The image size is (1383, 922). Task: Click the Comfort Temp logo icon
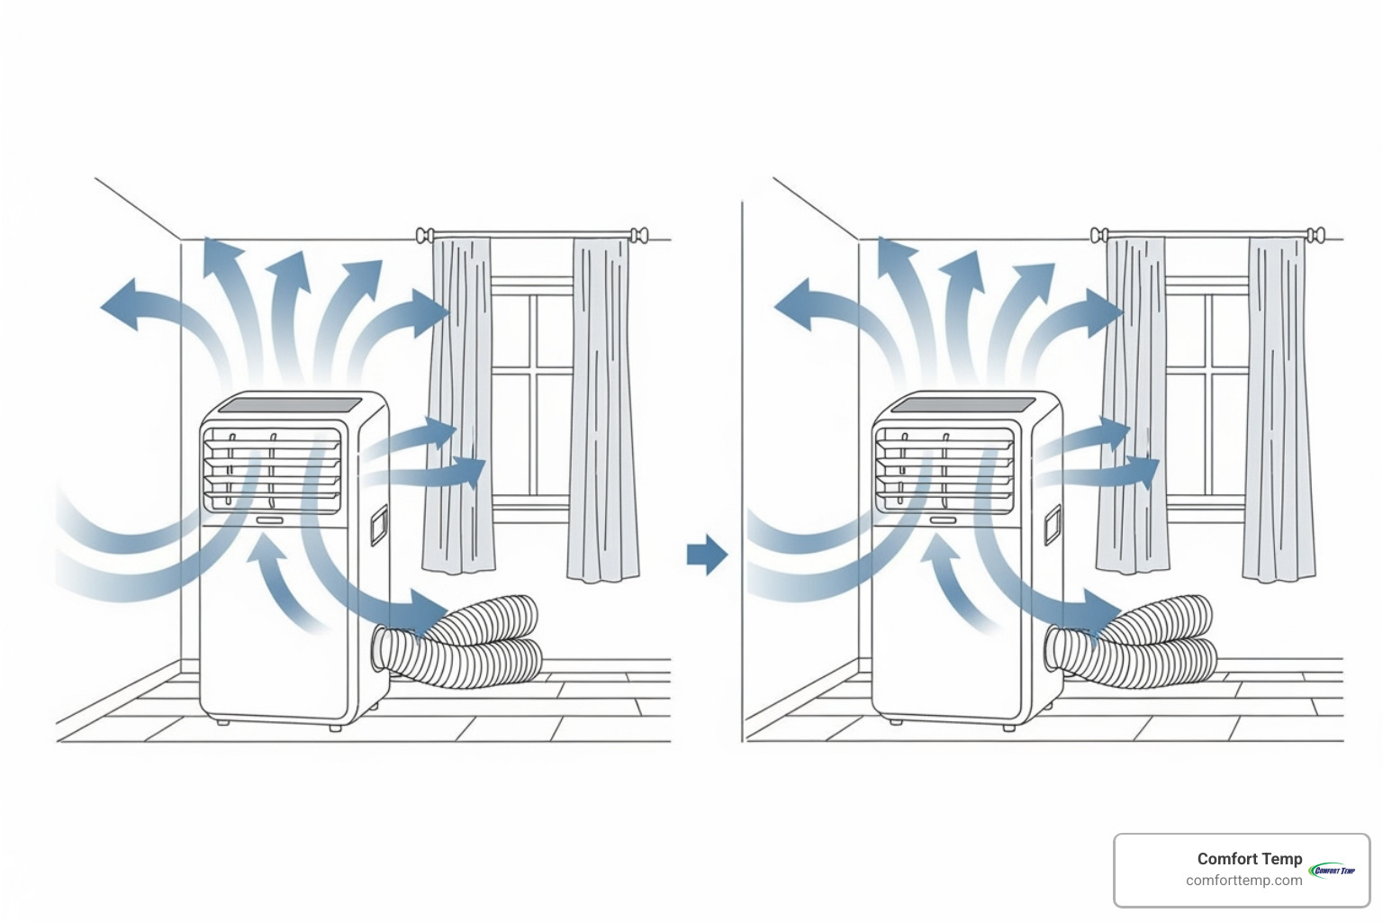(x=1333, y=870)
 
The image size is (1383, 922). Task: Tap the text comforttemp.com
(x=1243, y=881)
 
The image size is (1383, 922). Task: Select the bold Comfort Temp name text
(x=1249, y=859)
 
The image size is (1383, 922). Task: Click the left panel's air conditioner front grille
(x=272, y=470)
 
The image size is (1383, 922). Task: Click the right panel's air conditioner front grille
(x=945, y=470)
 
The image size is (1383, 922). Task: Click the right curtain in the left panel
(x=603, y=410)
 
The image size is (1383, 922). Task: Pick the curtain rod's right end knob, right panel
(x=1316, y=236)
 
